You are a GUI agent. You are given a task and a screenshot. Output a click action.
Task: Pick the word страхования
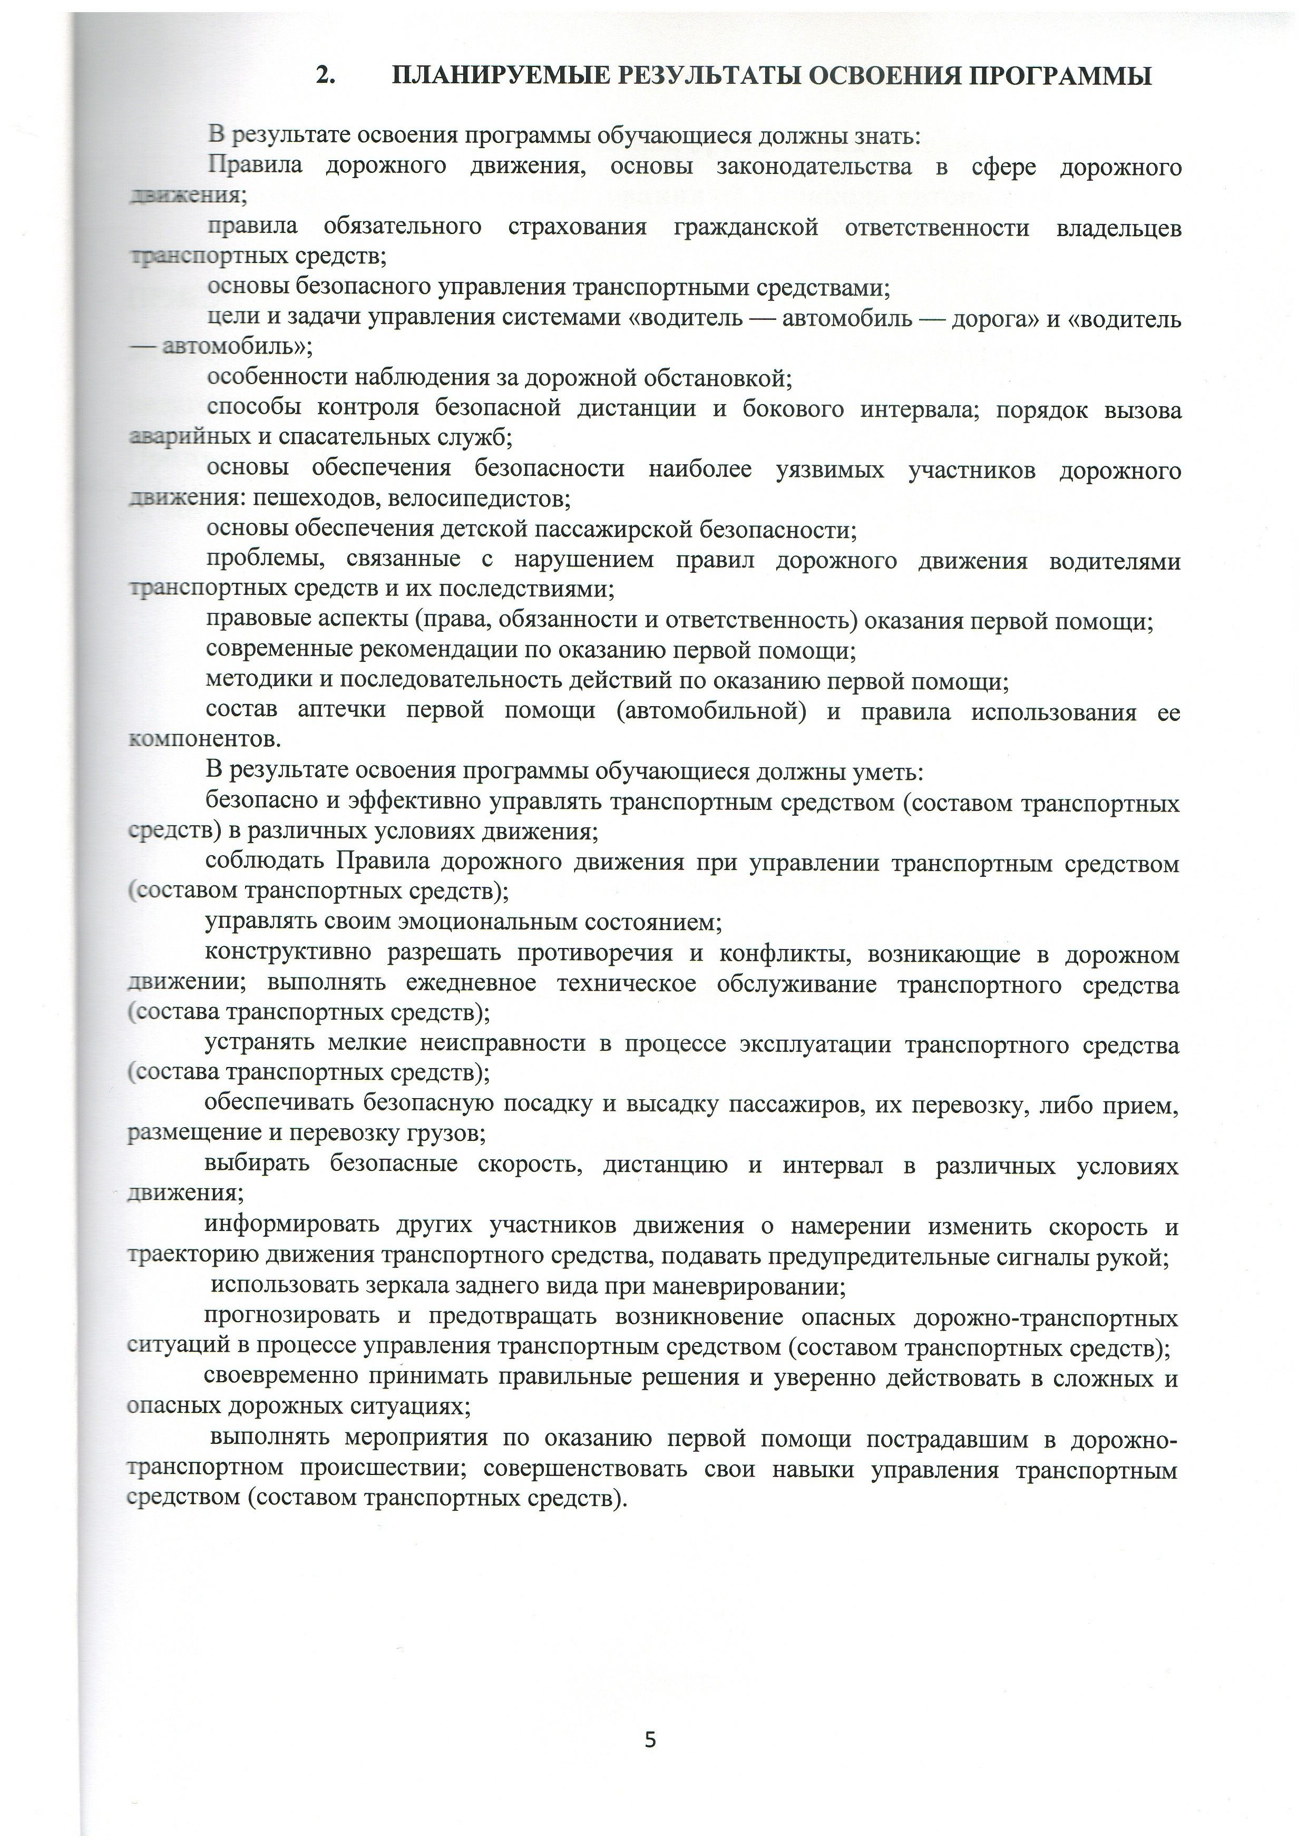click(577, 228)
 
